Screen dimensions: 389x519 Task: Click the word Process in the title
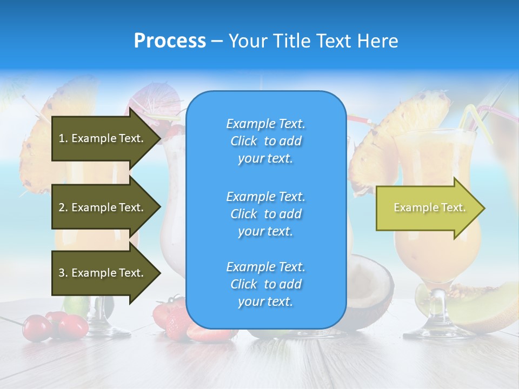click(x=170, y=41)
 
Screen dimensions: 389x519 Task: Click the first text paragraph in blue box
click(x=265, y=141)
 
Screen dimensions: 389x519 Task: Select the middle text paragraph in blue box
click(x=265, y=214)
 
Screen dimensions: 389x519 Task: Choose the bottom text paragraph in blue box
click(x=265, y=284)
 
